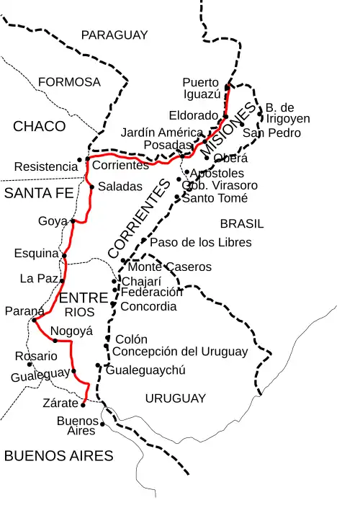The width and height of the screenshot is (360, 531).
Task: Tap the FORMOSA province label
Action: (x=69, y=82)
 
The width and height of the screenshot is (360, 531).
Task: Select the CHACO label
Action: (x=39, y=127)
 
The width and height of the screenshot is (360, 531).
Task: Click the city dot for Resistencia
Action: (x=79, y=160)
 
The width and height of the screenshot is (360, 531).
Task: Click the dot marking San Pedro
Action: (x=241, y=124)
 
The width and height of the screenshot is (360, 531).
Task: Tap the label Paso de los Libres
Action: (x=200, y=242)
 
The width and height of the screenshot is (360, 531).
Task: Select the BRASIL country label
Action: (x=242, y=223)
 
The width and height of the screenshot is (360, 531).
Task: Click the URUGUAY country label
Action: (x=175, y=398)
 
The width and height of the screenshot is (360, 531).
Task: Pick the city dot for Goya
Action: (x=73, y=221)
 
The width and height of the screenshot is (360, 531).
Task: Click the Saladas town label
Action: (x=120, y=186)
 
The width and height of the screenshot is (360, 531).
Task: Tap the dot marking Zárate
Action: (x=83, y=405)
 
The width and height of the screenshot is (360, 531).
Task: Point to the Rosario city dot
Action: (x=30, y=365)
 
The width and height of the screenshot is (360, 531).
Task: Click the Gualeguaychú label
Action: (x=145, y=370)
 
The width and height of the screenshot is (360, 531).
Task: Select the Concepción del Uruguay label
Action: (x=180, y=352)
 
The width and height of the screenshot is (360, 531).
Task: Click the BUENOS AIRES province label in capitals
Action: (x=58, y=455)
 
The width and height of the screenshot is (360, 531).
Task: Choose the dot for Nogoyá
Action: (x=55, y=340)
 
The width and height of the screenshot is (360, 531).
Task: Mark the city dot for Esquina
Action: (x=64, y=255)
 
